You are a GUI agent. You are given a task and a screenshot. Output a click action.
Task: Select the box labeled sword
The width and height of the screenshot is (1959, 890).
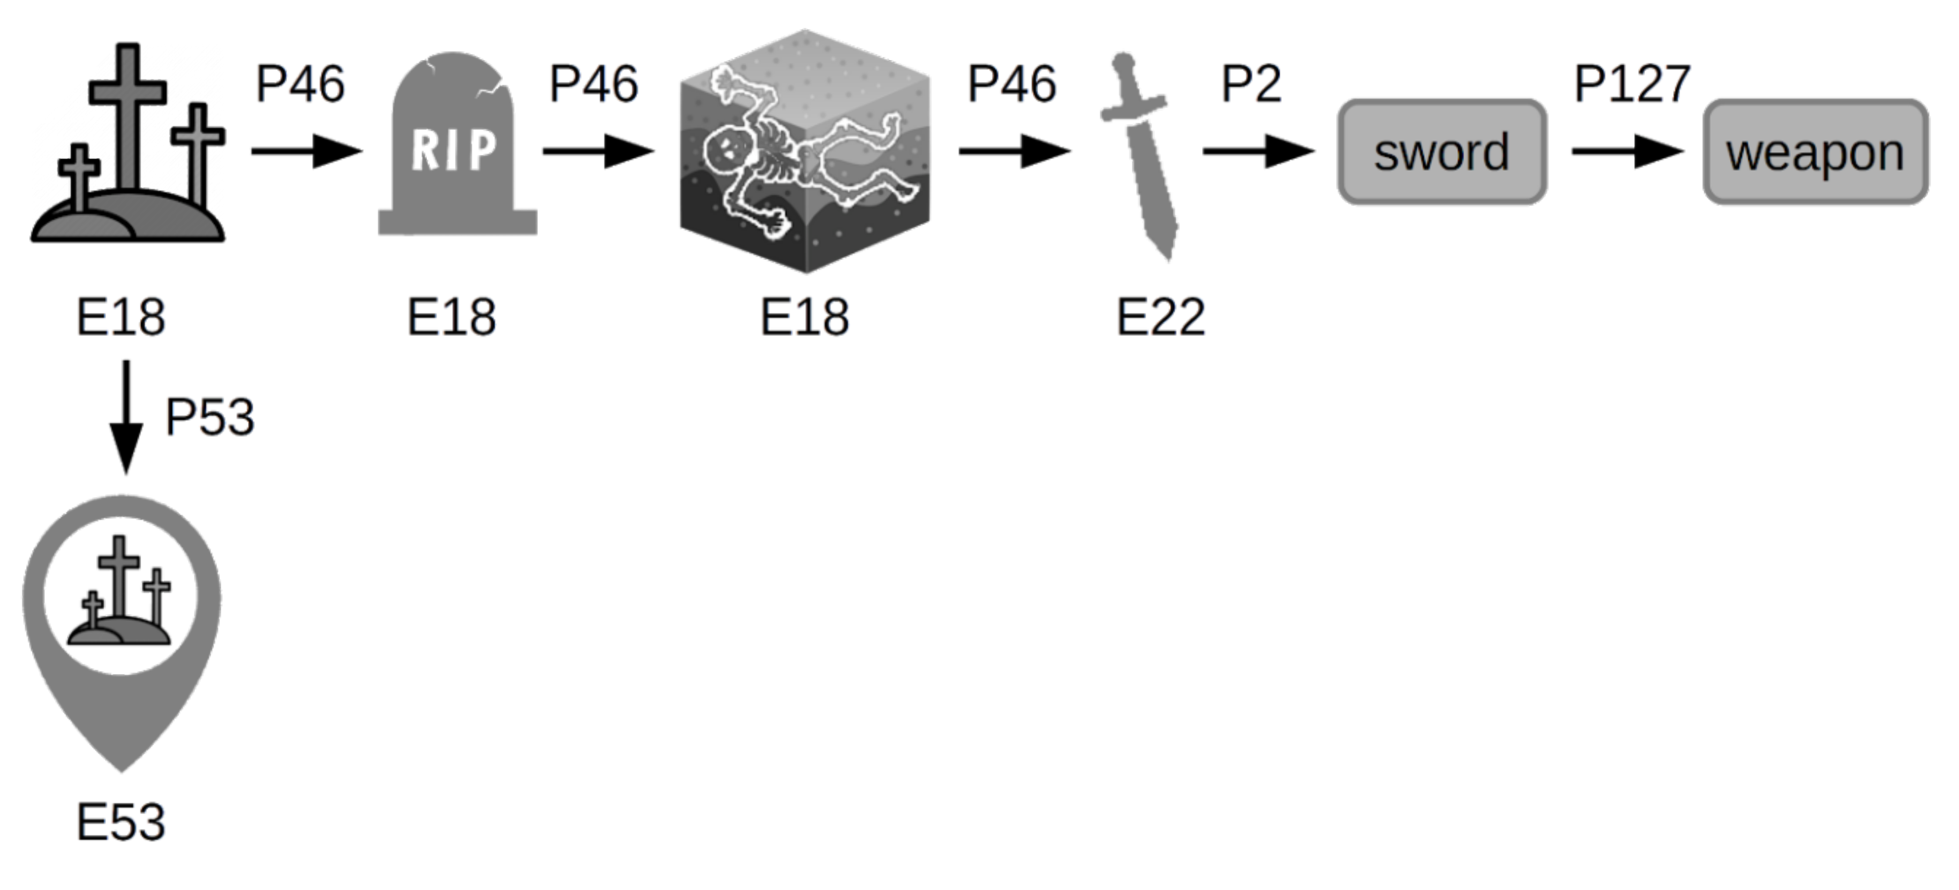1441,152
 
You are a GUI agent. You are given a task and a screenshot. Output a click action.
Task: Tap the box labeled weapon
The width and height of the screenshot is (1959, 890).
1814,152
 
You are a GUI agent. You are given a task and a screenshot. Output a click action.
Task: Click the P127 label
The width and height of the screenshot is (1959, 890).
1631,84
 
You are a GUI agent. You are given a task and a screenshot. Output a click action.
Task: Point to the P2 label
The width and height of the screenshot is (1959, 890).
1250,84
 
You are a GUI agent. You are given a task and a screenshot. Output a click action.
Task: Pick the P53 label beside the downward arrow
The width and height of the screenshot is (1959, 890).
209,417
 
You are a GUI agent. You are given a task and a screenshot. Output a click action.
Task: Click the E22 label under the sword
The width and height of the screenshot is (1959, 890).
1160,317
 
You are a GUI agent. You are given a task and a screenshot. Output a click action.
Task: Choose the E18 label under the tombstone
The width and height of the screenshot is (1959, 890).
451,317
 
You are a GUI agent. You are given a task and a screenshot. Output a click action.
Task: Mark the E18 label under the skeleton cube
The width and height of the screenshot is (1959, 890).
804,317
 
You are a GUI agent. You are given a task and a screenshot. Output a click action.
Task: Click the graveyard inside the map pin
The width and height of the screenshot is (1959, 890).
120,597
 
